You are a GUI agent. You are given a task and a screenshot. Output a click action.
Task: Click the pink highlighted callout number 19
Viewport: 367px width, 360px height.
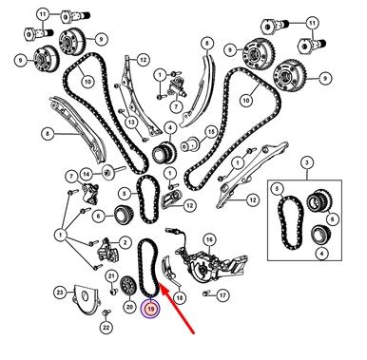[150, 308]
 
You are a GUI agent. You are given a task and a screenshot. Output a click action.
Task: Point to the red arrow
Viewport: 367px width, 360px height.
[178, 309]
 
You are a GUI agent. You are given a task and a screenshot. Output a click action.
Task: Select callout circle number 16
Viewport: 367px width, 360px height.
[209, 240]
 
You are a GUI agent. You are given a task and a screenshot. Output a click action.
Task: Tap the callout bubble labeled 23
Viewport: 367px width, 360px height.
[60, 293]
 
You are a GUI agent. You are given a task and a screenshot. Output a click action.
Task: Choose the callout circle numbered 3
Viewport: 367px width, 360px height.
[306, 163]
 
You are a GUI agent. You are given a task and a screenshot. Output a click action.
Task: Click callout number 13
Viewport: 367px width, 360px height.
[131, 123]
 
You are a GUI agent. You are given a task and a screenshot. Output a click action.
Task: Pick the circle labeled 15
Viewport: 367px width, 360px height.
[211, 132]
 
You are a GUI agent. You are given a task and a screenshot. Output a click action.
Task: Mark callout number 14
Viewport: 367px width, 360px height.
[87, 174]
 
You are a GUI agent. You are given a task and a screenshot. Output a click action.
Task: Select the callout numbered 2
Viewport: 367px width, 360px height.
[126, 243]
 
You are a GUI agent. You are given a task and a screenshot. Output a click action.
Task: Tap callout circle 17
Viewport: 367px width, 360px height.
[222, 295]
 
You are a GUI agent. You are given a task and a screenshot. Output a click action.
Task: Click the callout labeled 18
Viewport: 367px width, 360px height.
[180, 298]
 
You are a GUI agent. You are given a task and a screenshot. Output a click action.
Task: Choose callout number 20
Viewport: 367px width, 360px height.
[129, 307]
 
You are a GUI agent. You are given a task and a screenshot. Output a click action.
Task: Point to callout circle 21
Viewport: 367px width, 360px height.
[111, 277]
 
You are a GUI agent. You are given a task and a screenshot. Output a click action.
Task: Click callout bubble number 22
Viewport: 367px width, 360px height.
[106, 328]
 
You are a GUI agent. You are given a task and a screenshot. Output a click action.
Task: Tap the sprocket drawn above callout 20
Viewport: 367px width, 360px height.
[129, 286]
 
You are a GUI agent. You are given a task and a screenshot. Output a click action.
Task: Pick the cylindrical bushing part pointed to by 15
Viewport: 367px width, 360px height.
[189, 145]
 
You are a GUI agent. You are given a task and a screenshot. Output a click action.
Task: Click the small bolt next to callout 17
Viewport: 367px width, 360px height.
[206, 294]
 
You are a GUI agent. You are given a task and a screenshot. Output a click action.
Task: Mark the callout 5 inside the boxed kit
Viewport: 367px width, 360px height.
[278, 189]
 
